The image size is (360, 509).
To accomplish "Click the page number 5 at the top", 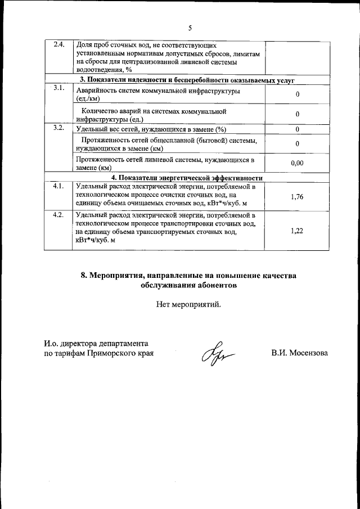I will (x=190, y=28).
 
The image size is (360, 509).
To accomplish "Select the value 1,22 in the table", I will (x=297, y=231).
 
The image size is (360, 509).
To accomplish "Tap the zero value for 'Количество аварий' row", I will (x=297, y=114).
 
